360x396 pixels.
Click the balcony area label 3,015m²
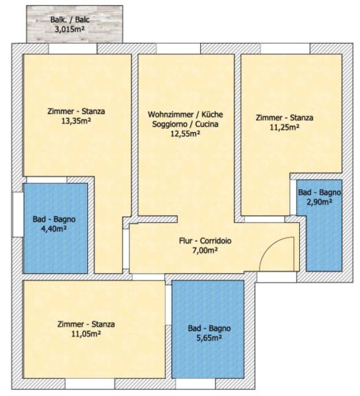pos(69,29)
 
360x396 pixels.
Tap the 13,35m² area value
pos(76,121)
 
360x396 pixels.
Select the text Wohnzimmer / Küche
pos(186,114)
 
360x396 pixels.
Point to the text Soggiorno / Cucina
pos(186,124)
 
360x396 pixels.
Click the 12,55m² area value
pos(186,133)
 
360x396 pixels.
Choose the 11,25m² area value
pos(285,127)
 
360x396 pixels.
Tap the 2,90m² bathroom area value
pos(319,202)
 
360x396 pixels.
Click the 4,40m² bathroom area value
pos(54,229)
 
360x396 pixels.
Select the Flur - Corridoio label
pos(205,241)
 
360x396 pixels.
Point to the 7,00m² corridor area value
pos(205,250)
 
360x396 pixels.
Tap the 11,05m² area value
pos(86,334)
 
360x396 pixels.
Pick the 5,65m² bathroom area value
pos(209,338)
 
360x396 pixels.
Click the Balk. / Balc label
pos(70,19)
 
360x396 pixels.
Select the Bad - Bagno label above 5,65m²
pos(209,328)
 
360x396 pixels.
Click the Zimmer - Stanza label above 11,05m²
pos(86,324)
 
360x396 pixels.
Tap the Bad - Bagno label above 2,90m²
pos(319,193)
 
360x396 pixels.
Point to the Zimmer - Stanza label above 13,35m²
pos(76,111)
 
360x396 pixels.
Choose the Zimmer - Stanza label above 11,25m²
pos(285,117)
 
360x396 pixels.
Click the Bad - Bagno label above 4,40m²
pos(54,219)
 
